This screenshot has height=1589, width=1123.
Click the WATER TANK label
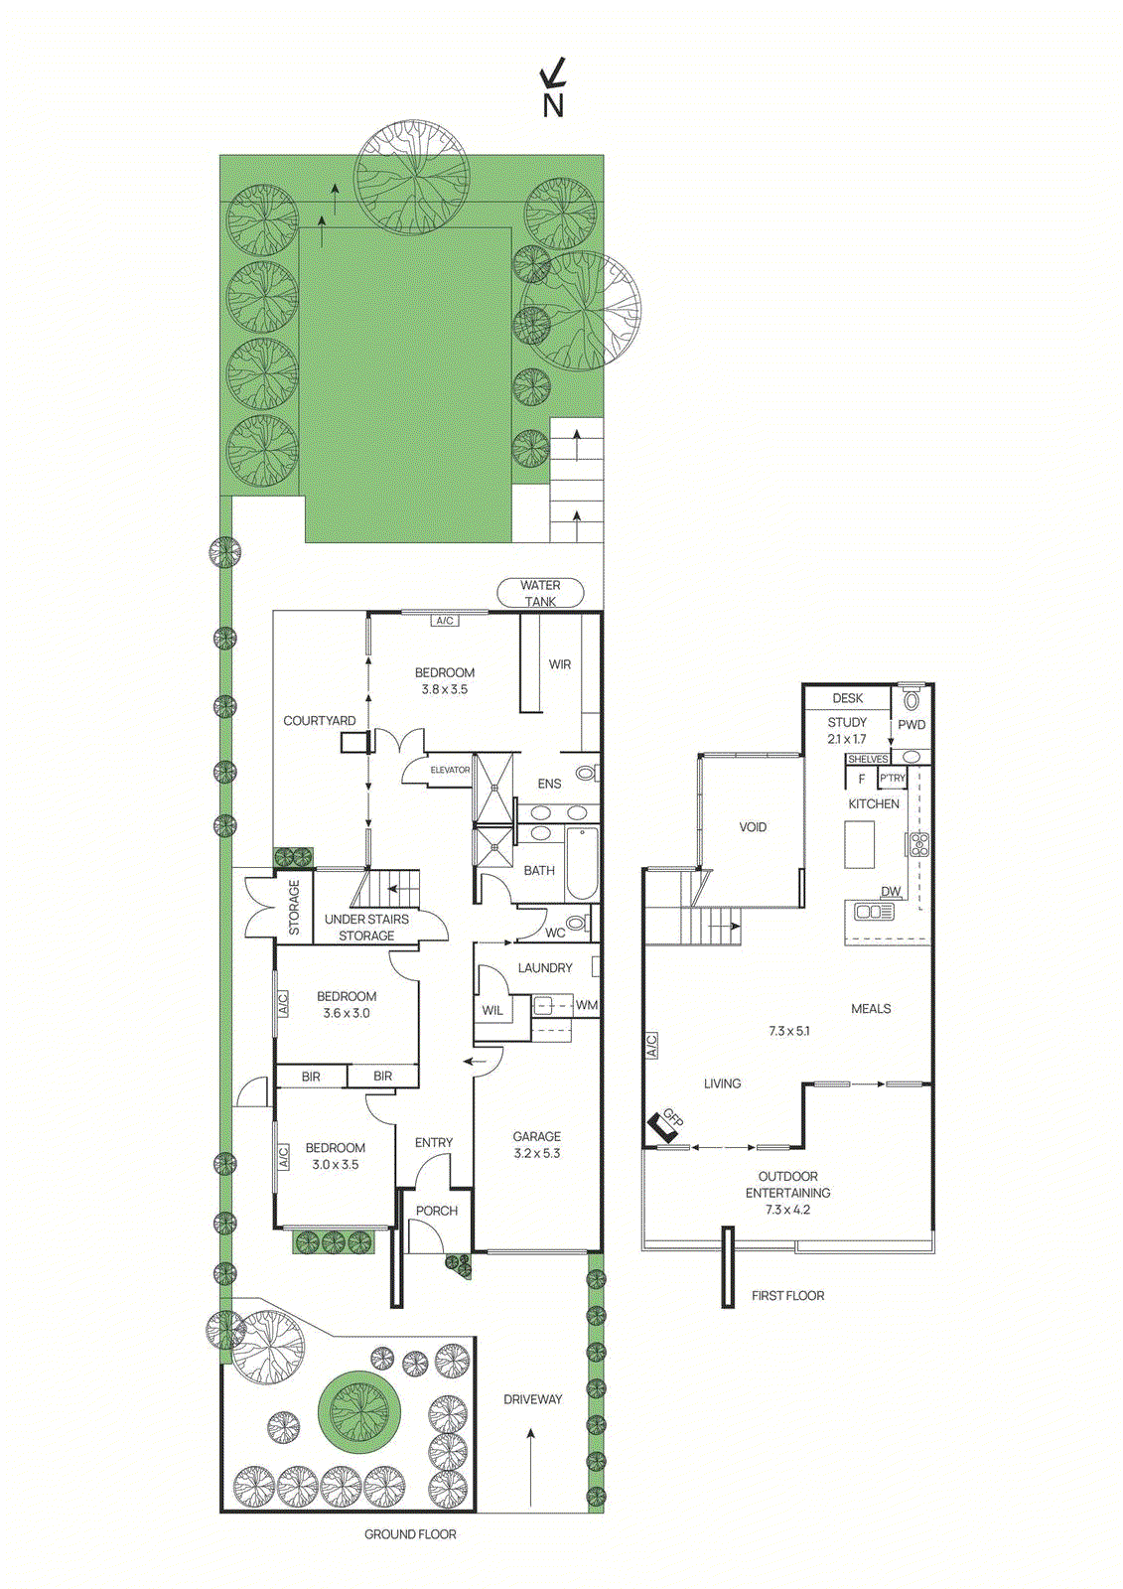point(540,593)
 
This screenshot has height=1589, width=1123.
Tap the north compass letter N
point(553,105)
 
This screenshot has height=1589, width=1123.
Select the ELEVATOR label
point(450,770)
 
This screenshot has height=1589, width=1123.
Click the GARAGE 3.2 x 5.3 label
point(537,1144)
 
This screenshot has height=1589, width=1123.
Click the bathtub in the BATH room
point(581,861)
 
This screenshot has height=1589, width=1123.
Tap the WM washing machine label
point(587,1005)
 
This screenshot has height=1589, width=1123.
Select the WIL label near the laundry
point(492,1010)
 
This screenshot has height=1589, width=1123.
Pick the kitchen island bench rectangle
point(859,845)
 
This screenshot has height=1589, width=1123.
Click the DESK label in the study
point(847,698)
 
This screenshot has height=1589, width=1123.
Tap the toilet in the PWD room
point(912,699)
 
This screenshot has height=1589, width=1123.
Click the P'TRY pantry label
point(892,779)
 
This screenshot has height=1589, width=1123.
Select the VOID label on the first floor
point(753,826)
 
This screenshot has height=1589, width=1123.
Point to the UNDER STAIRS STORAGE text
point(366,927)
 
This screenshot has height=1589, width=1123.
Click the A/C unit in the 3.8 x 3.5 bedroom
point(445,621)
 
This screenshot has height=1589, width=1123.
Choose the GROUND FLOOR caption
point(410,1534)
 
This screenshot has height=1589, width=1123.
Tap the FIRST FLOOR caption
point(787,1295)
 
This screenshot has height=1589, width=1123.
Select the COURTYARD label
point(319,720)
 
